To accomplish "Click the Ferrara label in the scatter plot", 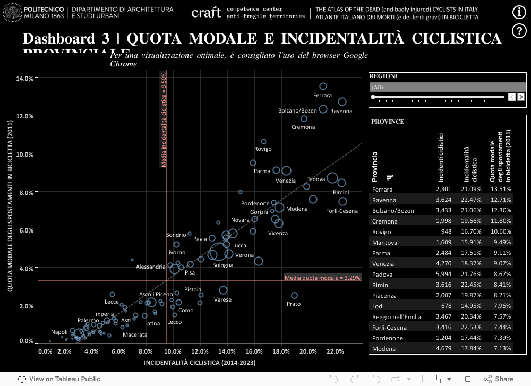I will click(x=322, y=96).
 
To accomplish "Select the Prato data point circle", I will click(x=294, y=296).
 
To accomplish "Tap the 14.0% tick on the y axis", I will click(x=25, y=78).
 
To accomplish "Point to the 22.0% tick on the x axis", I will click(x=335, y=351).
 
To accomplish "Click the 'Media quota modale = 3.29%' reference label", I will click(x=323, y=278).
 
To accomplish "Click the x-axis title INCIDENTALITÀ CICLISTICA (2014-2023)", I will click(x=200, y=363).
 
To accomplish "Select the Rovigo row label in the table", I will click(x=382, y=232).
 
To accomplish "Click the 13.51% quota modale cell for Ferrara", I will click(x=501, y=190).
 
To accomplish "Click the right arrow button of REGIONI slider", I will click(x=521, y=97).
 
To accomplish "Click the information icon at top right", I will click(x=519, y=13).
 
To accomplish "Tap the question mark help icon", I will click(x=519, y=31).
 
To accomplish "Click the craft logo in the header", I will click(x=206, y=13).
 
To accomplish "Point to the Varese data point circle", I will click(x=224, y=290).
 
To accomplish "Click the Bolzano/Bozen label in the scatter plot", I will click(x=297, y=111).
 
